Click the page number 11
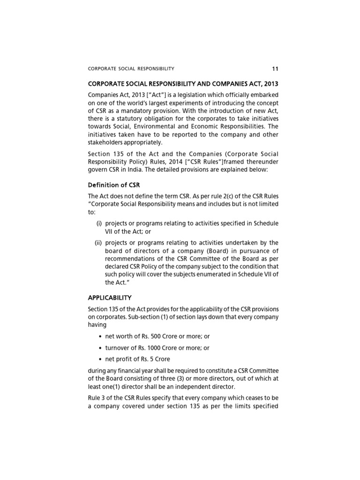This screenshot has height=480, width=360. coord(275,68)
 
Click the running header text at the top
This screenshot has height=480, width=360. coord(131,69)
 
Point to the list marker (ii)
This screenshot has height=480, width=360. coord(99,242)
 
